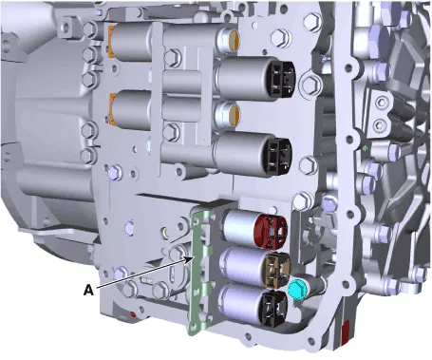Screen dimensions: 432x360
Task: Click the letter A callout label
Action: pos(88,290)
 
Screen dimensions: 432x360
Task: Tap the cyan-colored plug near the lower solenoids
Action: pos(296,290)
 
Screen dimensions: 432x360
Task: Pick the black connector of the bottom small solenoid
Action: pos(274,307)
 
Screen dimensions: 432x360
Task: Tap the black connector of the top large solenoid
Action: pos(281,79)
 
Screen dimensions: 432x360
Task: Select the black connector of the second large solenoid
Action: pos(278,156)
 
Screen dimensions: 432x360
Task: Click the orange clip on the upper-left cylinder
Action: pos(111,42)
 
